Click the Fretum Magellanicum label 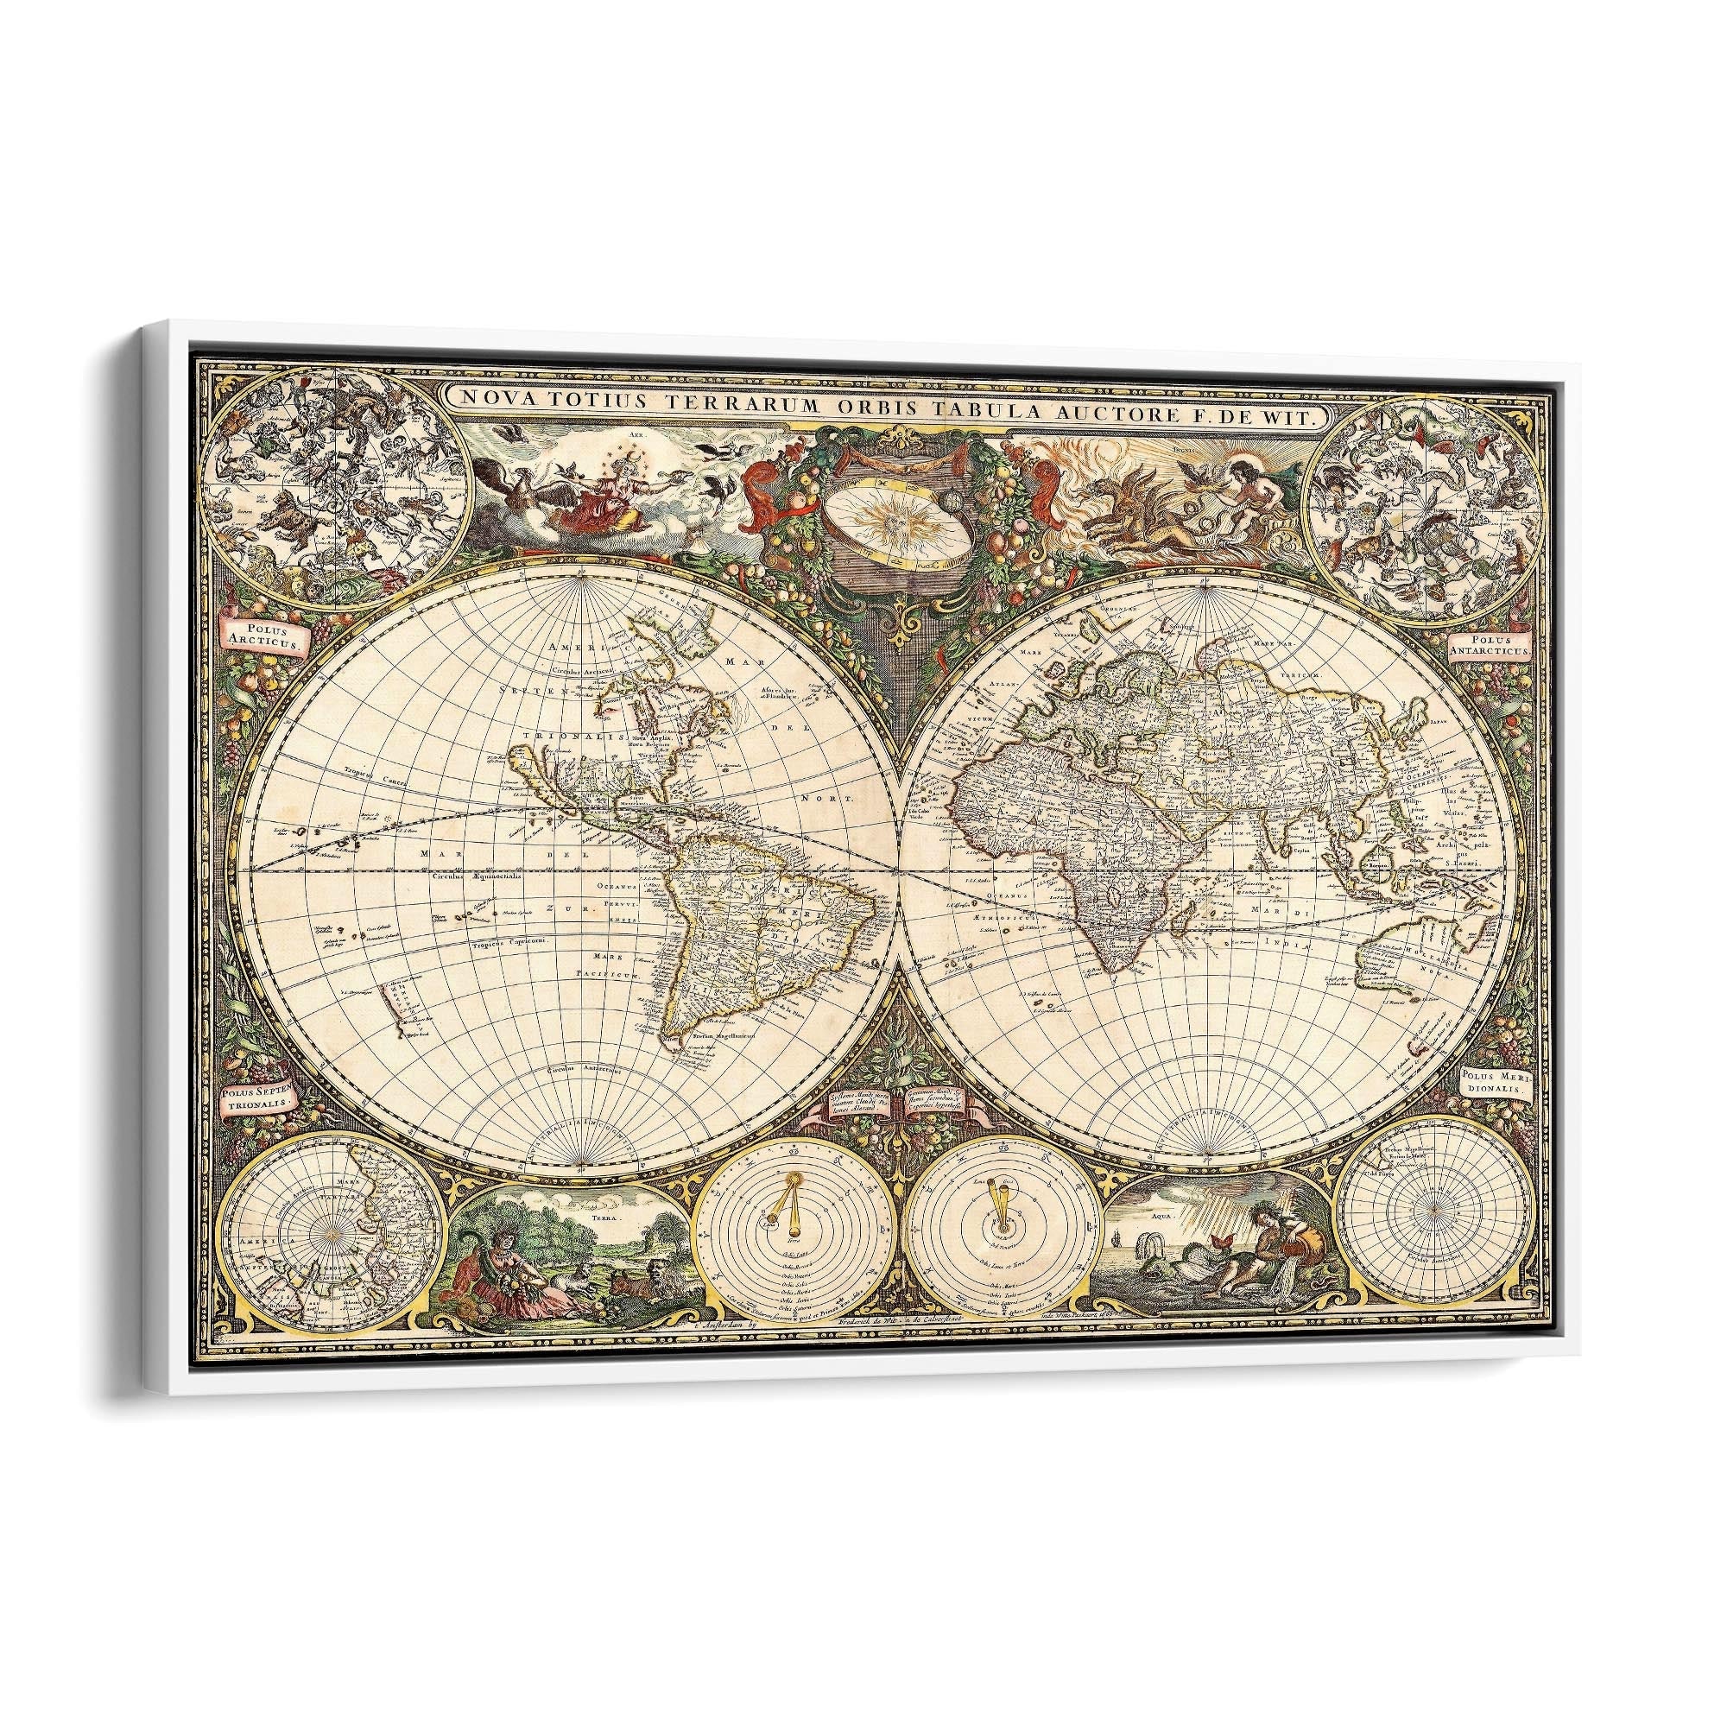pyautogui.click(x=726, y=1037)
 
